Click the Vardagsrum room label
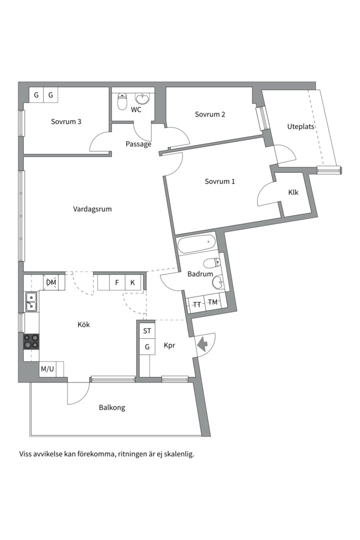[x=92, y=209]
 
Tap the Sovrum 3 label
[x=66, y=121]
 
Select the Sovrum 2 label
[x=210, y=114]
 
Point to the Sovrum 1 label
[x=220, y=181]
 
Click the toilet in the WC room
[x=122, y=101]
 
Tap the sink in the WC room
[x=142, y=99]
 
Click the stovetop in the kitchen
[x=31, y=341]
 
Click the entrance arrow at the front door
[x=202, y=343]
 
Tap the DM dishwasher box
[x=51, y=282]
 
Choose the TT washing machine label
[x=197, y=304]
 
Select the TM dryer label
[x=213, y=302]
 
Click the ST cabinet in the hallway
[x=147, y=331]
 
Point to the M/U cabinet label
[x=47, y=369]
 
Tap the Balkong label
[x=112, y=408]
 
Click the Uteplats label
[x=300, y=126]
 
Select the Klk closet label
[x=293, y=192]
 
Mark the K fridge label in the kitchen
[x=132, y=282]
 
